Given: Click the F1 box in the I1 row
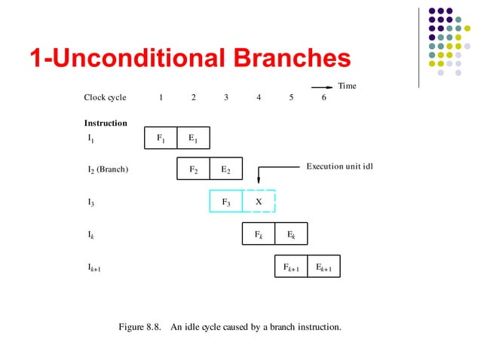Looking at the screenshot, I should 161,138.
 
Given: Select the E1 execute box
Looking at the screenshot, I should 193,138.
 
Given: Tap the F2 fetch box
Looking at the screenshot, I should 193,169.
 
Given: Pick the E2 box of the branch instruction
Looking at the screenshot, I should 225,169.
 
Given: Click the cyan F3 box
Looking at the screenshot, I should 225,202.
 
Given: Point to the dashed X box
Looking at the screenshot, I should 259,202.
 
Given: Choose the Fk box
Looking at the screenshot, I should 258,234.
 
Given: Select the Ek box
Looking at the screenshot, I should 291,234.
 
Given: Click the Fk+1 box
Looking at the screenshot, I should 291,267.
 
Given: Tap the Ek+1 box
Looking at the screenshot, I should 324,267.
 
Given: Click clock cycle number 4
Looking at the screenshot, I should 259,97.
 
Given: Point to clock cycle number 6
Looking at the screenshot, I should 324,97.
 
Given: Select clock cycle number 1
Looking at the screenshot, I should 161,97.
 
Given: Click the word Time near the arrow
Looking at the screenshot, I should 347,86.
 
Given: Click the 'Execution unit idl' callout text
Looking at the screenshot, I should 339,165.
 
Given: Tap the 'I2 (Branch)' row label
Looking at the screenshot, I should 108,169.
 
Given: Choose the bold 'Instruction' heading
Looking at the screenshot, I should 106,123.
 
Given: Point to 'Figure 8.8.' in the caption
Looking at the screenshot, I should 141,327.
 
